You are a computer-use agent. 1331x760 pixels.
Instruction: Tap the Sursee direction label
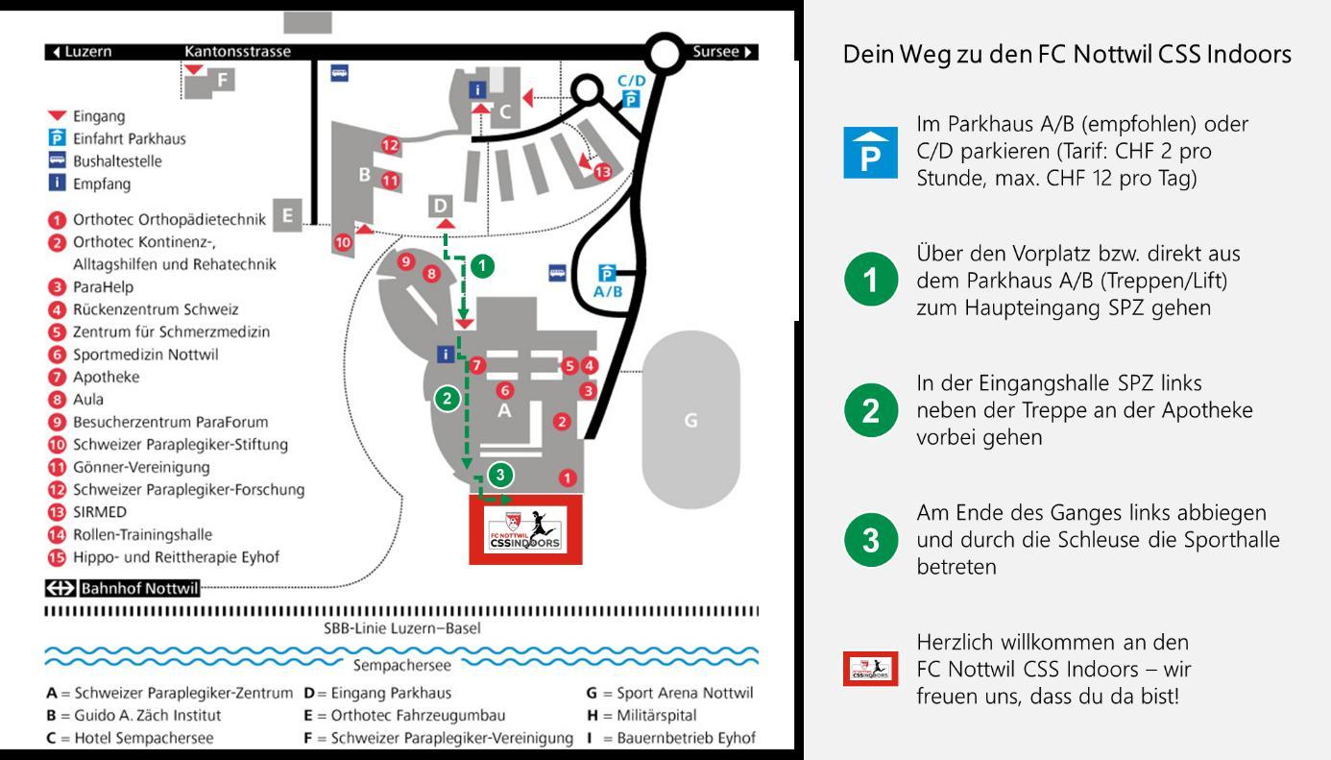[723, 52]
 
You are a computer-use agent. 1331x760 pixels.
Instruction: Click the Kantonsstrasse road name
[237, 52]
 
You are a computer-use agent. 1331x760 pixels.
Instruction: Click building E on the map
[286, 216]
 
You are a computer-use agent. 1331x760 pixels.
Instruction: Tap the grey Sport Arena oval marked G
[690, 420]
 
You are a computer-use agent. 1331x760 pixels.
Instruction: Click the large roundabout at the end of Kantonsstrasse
[663, 53]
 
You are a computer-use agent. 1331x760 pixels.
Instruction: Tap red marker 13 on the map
[602, 172]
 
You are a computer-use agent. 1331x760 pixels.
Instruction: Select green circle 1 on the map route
[484, 266]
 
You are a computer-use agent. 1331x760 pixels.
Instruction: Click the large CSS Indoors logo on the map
[526, 529]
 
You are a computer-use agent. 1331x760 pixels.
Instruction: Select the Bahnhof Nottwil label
[139, 589]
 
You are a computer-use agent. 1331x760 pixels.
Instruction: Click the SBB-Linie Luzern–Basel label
[402, 629]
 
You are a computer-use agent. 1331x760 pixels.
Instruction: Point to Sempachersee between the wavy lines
[402, 664]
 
